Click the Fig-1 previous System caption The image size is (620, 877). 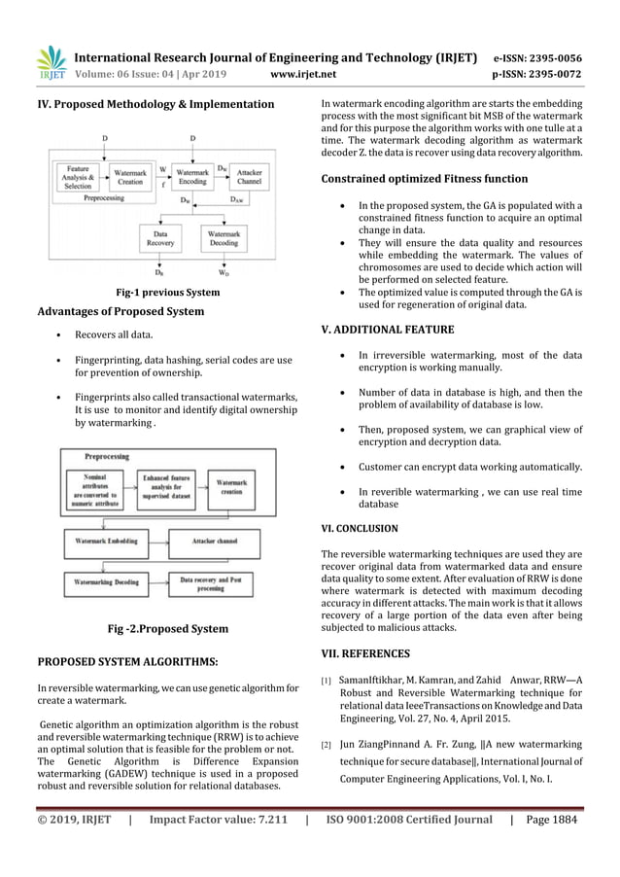click(x=167, y=292)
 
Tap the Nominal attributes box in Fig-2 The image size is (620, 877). click(x=94, y=487)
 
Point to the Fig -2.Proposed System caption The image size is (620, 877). click(x=167, y=628)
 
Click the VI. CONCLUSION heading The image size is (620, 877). click(x=360, y=528)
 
